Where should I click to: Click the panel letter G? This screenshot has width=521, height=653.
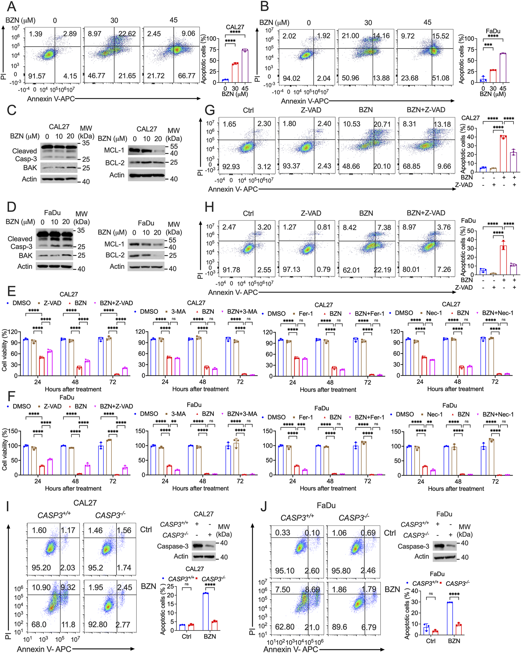click(x=210, y=110)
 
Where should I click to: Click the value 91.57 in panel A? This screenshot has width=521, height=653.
click(x=37, y=76)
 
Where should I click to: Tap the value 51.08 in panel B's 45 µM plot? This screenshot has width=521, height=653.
click(x=440, y=78)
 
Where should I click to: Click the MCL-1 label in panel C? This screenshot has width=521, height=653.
click(x=114, y=150)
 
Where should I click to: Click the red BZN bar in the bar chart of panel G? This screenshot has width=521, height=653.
click(x=503, y=154)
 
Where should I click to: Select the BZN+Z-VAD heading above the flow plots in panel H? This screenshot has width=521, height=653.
click(x=426, y=213)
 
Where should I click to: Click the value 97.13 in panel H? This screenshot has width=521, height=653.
click(x=291, y=269)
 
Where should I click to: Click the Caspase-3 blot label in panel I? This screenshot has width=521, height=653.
click(x=173, y=546)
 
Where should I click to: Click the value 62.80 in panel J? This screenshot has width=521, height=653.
click(x=285, y=627)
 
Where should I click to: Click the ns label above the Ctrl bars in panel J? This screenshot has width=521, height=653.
click(x=430, y=594)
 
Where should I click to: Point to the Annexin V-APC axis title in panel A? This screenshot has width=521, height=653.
click(x=51, y=99)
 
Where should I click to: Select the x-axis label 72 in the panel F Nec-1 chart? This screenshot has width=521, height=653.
click(x=495, y=481)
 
